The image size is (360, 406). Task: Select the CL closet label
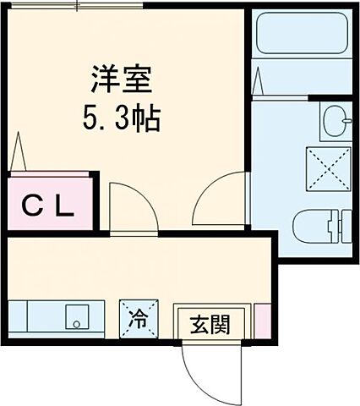click(x=48, y=205)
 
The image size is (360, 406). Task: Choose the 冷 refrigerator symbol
click(x=136, y=320)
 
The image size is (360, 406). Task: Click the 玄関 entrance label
click(x=208, y=324)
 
